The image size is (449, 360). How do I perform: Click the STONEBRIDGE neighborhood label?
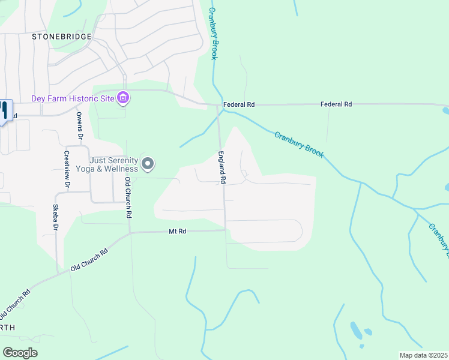point(62,37)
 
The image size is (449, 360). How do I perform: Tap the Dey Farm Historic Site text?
point(73,98)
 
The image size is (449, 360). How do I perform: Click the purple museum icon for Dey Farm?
point(123,98)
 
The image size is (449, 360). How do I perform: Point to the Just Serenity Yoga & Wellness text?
point(114,164)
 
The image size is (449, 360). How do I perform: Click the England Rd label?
point(222,167)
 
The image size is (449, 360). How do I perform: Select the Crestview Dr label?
point(67,169)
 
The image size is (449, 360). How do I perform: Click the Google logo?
point(20,353)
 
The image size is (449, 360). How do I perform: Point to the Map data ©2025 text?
point(423,355)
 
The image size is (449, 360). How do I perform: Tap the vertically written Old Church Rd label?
point(128,197)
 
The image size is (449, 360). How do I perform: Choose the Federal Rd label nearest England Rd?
point(239,104)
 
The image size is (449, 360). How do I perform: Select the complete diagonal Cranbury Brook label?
point(299,145)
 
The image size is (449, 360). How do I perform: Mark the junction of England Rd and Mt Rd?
point(225,230)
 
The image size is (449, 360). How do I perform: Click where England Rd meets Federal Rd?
point(218,105)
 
